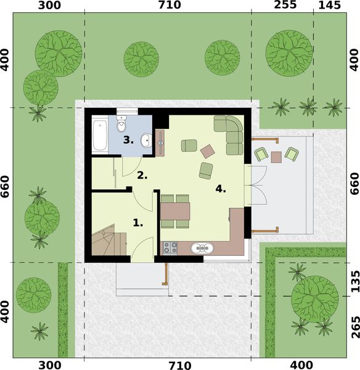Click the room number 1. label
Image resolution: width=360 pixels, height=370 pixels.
coord(138,223)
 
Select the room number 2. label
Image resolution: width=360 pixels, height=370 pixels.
coord(142,175)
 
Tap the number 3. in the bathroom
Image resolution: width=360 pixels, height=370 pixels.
coord(128,140)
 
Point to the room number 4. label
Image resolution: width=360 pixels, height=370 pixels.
coord(220,189)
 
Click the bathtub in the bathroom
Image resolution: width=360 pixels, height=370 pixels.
coord(100,136)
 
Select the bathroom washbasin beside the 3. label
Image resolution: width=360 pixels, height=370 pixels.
coord(144,141)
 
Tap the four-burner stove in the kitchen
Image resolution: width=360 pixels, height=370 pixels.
coord(170,249)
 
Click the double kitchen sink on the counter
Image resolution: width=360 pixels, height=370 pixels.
coord(202,249)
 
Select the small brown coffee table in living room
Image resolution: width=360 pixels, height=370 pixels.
coord(208,150)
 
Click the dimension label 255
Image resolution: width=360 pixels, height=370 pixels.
coord(285,6)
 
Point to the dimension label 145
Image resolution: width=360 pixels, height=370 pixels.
coord(330,6)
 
